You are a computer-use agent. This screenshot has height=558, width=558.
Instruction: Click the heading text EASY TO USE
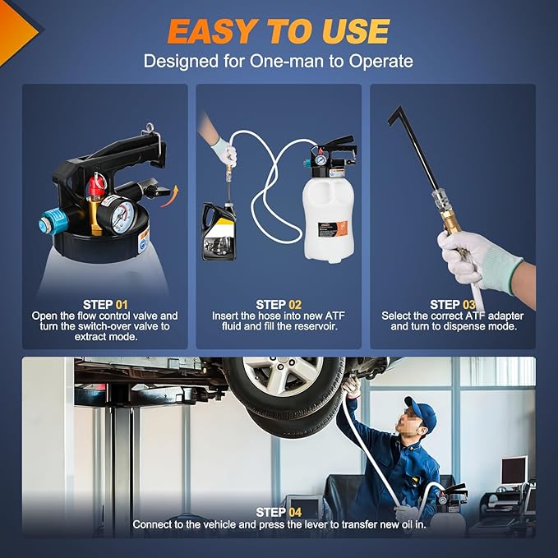pyautogui.click(x=278, y=31)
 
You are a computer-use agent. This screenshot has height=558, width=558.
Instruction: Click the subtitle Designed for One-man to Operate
pyautogui.click(x=278, y=61)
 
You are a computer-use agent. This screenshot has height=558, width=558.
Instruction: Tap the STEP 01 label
pyautogui.click(x=104, y=304)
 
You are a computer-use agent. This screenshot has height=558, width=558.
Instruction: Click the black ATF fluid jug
pyautogui.click(x=220, y=233)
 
